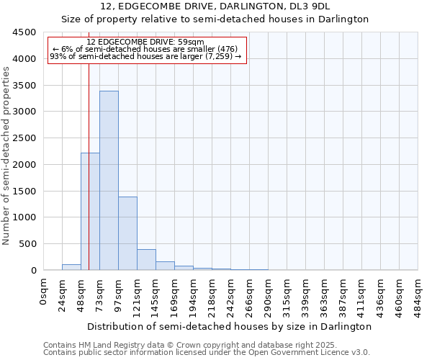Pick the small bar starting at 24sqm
point(71,267)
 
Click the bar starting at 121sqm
point(146,260)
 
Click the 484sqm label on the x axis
point(418,295)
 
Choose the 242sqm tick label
point(231,295)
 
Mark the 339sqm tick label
point(306,295)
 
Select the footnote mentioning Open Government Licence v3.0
point(207,353)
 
